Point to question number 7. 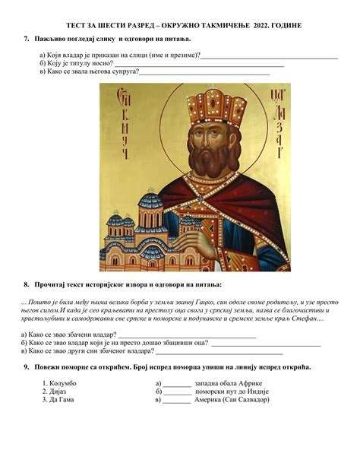point(27,38)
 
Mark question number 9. point(27,367)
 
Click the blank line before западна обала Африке point(177,384)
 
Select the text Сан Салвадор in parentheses point(246,399)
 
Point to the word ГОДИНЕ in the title point(286,25)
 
